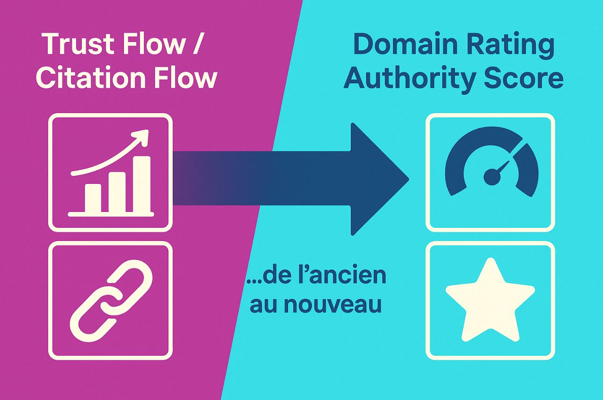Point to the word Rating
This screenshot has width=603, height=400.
pos(509,46)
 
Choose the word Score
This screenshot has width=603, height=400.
pos(524,78)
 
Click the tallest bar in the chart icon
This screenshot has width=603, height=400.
pos(142,184)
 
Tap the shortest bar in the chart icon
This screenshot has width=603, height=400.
pos(93,198)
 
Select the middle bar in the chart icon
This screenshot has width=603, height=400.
pos(117,192)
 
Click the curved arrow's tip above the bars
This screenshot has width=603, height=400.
pos(148,130)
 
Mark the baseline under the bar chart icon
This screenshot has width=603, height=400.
pos(111,214)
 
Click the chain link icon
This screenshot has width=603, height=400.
pos(111,301)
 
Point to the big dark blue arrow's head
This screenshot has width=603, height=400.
pos(380,179)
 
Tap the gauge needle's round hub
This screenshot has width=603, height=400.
pos(492,177)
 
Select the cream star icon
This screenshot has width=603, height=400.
pos(490,301)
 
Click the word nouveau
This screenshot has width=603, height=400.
pos(333,304)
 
